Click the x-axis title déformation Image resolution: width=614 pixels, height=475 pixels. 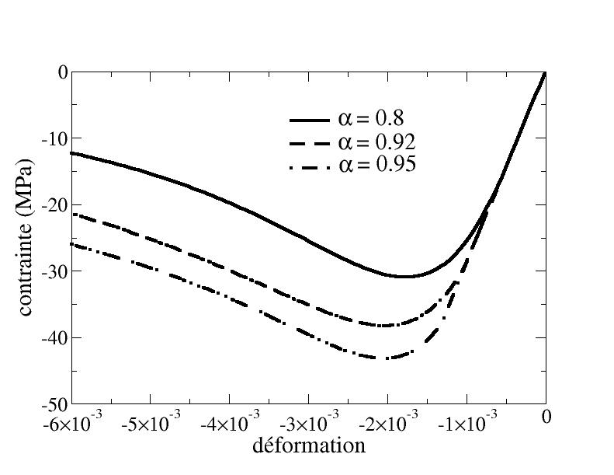[309, 445]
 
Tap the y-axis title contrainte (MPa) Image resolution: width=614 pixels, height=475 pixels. [26, 238]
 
